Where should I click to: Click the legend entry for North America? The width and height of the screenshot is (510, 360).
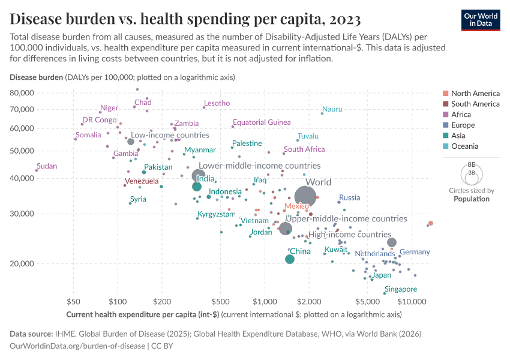(x=475, y=93)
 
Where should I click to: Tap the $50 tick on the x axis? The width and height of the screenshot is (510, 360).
(x=73, y=299)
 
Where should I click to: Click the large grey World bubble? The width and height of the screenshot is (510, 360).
(x=305, y=196)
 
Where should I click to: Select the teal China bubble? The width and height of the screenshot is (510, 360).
(x=290, y=259)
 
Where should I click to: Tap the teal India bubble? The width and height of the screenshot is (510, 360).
(x=197, y=187)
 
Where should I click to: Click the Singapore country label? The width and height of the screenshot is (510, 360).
(x=400, y=289)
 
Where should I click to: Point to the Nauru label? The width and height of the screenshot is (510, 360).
(x=332, y=109)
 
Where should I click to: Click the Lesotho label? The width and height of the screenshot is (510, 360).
(x=217, y=103)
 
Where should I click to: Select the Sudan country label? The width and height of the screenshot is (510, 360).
(x=47, y=166)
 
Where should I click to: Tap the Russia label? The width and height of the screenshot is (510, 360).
(x=349, y=197)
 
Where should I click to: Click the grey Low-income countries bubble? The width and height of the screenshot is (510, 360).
(x=131, y=142)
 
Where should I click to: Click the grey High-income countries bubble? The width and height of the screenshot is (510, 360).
(x=392, y=242)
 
